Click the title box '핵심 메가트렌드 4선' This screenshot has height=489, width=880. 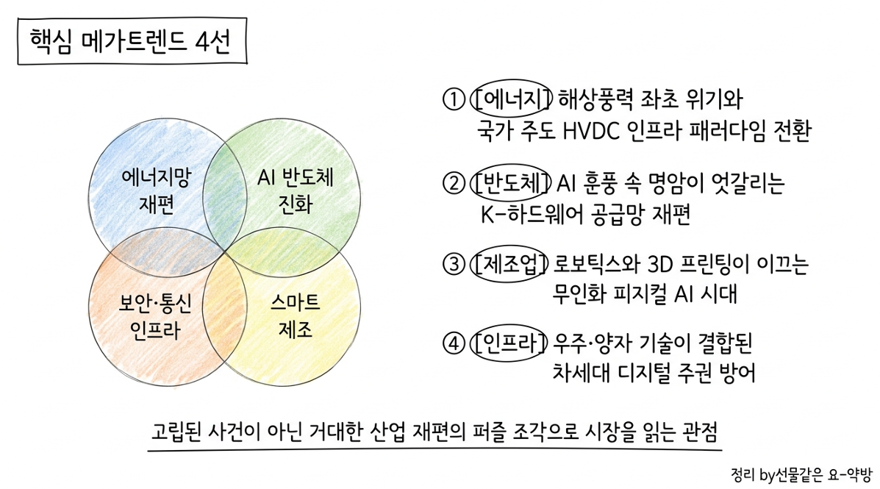coord(132,41)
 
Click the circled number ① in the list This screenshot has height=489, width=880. coord(454,99)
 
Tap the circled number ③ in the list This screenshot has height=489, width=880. coord(454,264)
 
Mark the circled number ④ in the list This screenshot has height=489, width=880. coord(454,343)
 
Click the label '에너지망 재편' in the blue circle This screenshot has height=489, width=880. coord(156,191)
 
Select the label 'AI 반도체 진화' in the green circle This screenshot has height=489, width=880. coord(296,191)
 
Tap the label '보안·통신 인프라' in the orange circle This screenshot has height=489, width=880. coord(155,317)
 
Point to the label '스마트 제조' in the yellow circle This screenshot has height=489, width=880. coord(296,315)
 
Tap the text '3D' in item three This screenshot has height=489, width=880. coord(661,263)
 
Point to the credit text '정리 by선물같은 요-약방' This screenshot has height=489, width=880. coord(801,475)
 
